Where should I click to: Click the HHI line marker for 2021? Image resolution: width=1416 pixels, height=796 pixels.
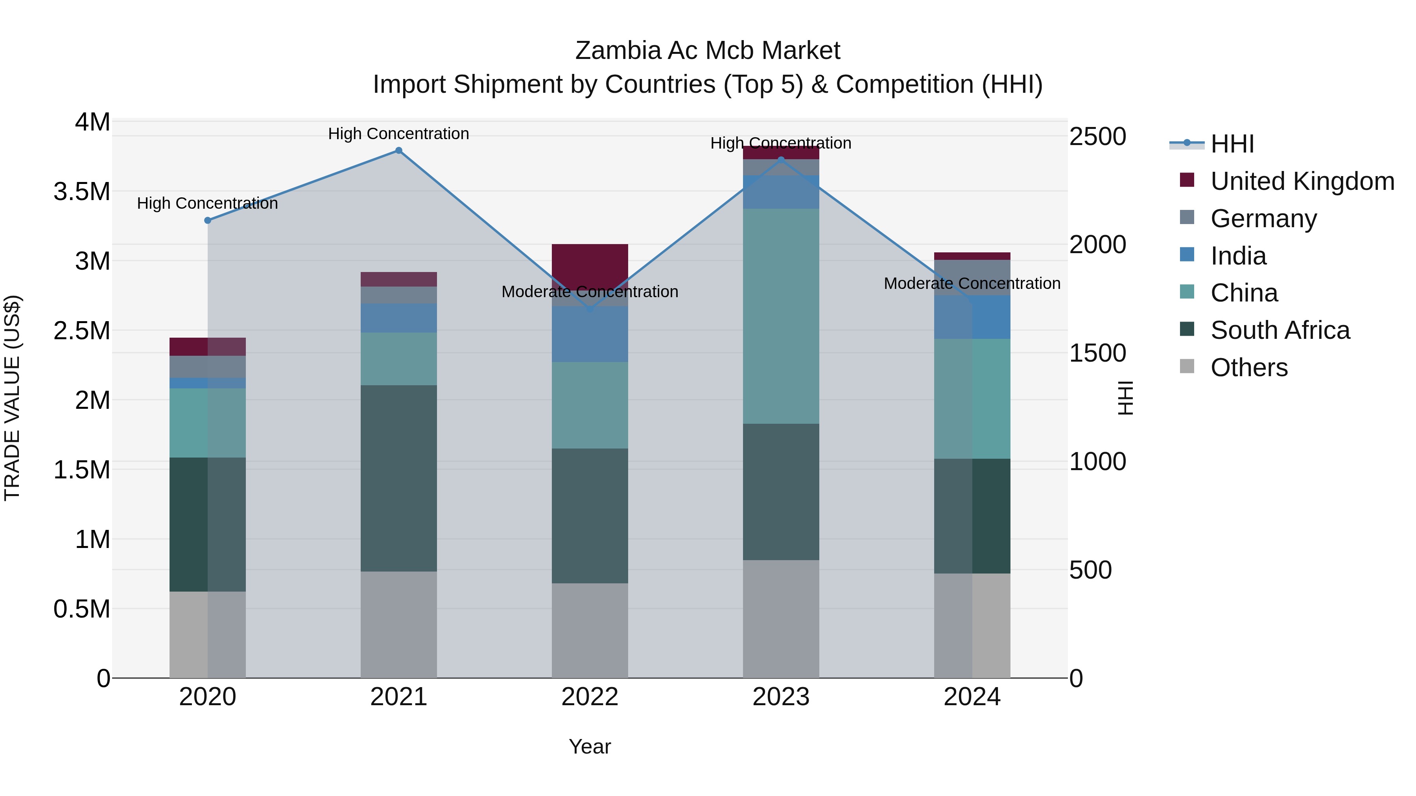[x=398, y=151]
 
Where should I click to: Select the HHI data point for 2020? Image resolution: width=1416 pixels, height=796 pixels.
[x=208, y=220]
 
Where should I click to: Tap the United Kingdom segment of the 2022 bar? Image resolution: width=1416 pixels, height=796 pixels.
[x=590, y=267]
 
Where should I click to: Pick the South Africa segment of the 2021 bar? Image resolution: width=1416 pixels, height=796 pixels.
[x=398, y=478]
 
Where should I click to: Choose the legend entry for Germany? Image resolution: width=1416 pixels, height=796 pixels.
[x=1263, y=219]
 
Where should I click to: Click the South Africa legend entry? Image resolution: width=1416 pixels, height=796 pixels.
[x=1280, y=330]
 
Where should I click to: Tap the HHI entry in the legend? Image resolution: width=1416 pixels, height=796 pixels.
[x=1231, y=144]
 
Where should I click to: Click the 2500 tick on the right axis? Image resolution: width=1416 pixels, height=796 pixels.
[x=1097, y=136]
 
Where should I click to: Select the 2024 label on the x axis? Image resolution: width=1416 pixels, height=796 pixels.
[x=972, y=697]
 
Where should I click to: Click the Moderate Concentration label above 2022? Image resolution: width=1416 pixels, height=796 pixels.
[x=590, y=292]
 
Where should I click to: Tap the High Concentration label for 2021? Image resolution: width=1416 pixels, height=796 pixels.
[x=398, y=134]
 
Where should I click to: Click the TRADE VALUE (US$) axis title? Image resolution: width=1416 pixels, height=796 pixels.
[x=12, y=398]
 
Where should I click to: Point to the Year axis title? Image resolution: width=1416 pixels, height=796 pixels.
[x=590, y=746]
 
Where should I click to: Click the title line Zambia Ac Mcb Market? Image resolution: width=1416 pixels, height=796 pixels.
[x=708, y=51]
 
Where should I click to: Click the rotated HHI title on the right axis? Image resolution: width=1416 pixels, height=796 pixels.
[x=1125, y=398]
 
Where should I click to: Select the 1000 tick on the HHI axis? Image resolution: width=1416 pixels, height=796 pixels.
[x=1097, y=461]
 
